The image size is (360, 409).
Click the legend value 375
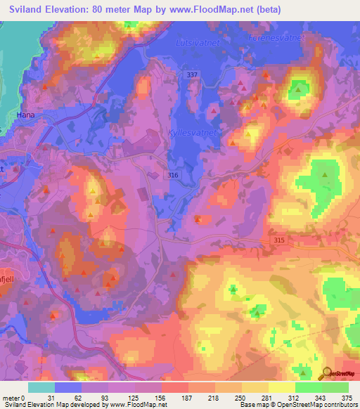(347, 398)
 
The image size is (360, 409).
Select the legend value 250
(240, 398)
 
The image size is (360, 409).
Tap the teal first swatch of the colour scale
(41, 387)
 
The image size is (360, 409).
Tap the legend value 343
(321, 398)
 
